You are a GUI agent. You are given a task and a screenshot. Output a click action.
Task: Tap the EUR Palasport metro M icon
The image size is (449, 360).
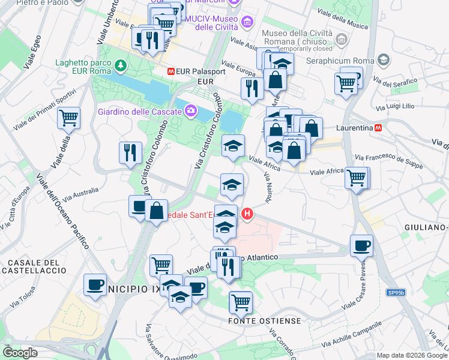click(x=171, y=71)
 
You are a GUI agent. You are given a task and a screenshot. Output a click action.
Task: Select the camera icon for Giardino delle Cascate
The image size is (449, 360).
click(x=191, y=110)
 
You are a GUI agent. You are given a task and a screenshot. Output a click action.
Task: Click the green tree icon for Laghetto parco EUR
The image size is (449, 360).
click(x=122, y=64)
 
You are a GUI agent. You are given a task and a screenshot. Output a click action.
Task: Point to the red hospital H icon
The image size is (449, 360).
click(x=247, y=214)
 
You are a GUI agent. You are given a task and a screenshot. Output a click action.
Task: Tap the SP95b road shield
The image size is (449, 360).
click(x=396, y=293)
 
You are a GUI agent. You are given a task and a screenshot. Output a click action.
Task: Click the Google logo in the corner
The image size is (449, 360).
click(x=20, y=353)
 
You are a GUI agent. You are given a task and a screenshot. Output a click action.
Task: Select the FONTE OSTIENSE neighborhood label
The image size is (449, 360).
click(x=265, y=321)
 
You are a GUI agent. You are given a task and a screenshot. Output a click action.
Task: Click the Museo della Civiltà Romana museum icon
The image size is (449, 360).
click(x=342, y=40)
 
